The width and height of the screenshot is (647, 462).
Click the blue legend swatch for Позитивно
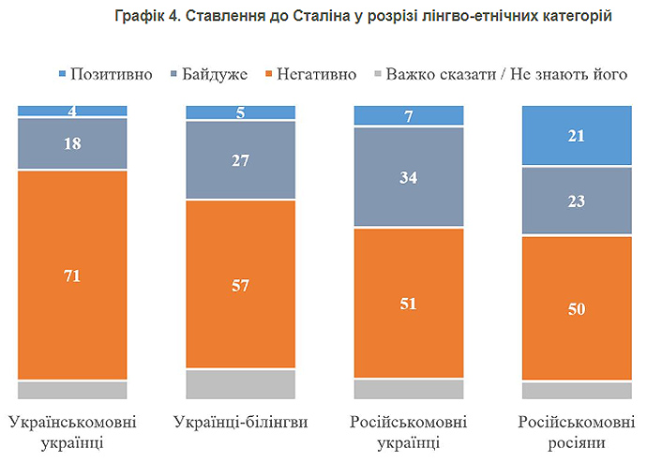tap(63, 73)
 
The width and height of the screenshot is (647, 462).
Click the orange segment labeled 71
tap(72, 275)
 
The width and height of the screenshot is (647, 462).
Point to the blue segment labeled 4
tap(72, 111)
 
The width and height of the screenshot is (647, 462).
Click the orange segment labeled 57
tap(241, 284)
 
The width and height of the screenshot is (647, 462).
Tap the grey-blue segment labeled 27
tap(241, 160)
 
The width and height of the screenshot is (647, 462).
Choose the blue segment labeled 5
tap(241, 112)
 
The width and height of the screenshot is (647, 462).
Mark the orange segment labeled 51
tap(409, 303)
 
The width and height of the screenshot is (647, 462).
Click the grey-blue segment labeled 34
tap(409, 176)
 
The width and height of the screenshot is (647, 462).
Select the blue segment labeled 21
tap(577, 136)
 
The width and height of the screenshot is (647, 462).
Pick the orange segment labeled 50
tap(577, 308)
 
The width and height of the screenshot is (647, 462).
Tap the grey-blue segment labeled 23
tap(577, 201)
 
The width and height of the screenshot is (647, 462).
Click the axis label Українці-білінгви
tap(241, 422)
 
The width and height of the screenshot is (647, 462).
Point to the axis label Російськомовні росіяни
tap(577, 431)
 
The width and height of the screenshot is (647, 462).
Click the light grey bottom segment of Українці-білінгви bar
tap(241, 384)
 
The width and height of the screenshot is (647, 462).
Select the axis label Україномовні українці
tap(72, 431)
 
